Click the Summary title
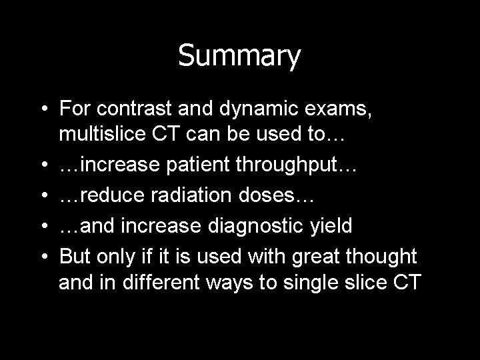[x=239, y=56]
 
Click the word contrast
[x=134, y=108]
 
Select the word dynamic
[x=259, y=109]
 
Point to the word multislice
[x=102, y=133]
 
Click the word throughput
[x=286, y=165]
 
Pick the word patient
[x=198, y=165]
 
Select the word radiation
[x=191, y=195]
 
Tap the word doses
[x=266, y=195]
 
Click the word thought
[x=381, y=257]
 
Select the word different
[x=161, y=282]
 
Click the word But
[x=75, y=256]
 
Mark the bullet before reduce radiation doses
[x=45, y=195]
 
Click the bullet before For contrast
[x=45, y=108]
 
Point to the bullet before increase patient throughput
[x=45, y=165]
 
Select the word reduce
[x=112, y=195]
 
